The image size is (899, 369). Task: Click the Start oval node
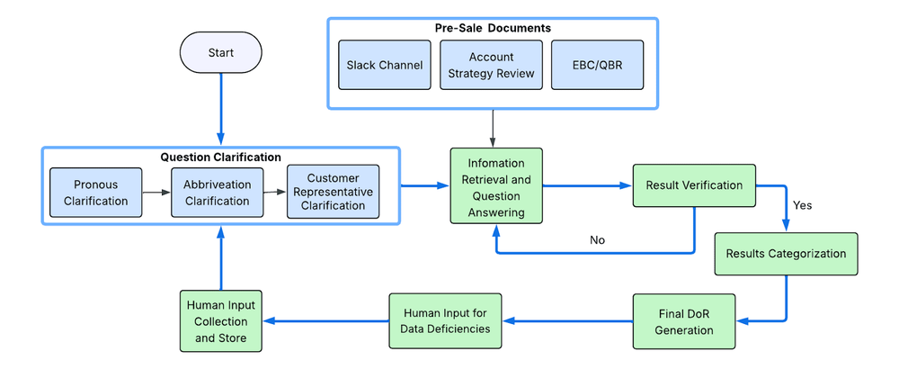(x=220, y=53)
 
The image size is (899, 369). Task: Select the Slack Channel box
(x=384, y=65)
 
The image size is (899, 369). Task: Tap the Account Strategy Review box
(x=491, y=65)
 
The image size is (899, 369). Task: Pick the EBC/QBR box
(x=597, y=65)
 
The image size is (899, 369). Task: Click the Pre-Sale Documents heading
(x=492, y=28)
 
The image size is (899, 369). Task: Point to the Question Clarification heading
(x=220, y=157)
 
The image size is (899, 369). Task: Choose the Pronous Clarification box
(x=95, y=193)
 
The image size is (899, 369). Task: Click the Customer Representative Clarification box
(x=332, y=192)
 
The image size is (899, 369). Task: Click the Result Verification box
(x=694, y=185)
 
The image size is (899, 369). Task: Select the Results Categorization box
(x=786, y=254)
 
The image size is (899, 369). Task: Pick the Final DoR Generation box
(x=683, y=321)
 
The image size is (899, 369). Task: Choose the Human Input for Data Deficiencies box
(x=445, y=321)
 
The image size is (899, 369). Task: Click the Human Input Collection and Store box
(x=220, y=321)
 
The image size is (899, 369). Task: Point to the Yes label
(x=802, y=205)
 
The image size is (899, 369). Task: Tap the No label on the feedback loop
(x=597, y=240)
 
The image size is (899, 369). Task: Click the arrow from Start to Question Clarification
(x=220, y=108)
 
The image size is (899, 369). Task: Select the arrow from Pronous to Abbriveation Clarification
(x=156, y=193)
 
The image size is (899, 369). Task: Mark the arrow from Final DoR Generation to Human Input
(x=566, y=321)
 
